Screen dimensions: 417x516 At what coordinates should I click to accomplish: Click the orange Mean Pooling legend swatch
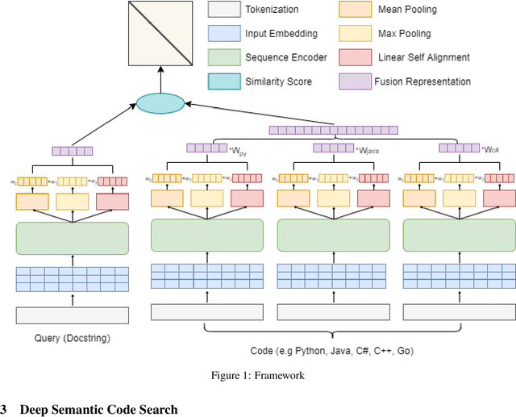349,10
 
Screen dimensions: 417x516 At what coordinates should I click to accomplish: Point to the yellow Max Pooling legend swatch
349,34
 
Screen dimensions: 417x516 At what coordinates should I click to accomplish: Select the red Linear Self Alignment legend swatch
349,57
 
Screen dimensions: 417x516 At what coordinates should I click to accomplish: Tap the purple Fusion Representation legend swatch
349,81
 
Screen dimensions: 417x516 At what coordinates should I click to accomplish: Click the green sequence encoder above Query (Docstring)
73,238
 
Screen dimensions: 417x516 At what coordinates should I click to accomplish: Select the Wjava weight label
367,150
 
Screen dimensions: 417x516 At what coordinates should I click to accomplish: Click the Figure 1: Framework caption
257,375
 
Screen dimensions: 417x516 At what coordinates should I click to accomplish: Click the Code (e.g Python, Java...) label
332,351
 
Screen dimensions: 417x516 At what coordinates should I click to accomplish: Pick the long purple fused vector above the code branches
333,130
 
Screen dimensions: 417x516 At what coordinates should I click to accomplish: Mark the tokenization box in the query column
73,315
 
